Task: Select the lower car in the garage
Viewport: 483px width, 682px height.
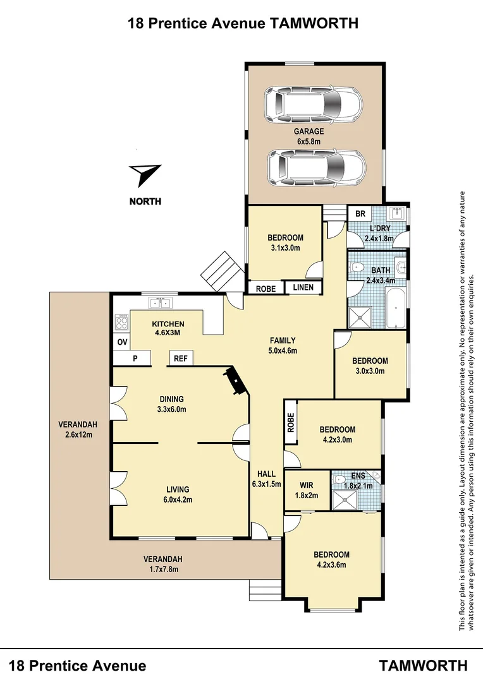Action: click(x=316, y=167)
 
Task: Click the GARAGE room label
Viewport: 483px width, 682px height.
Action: click(x=309, y=131)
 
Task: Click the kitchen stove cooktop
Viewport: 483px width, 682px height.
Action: click(x=121, y=323)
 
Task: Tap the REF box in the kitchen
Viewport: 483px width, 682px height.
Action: click(x=181, y=359)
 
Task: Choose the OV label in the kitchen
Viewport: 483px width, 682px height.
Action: click(x=122, y=342)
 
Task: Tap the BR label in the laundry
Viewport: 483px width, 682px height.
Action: click(x=360, y=214)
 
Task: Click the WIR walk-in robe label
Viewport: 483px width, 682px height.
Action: click(x=306, y=485)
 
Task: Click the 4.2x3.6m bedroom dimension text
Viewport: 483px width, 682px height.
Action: click(x=331, y=565)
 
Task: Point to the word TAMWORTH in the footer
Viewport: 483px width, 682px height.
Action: click(x=423, y=665)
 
